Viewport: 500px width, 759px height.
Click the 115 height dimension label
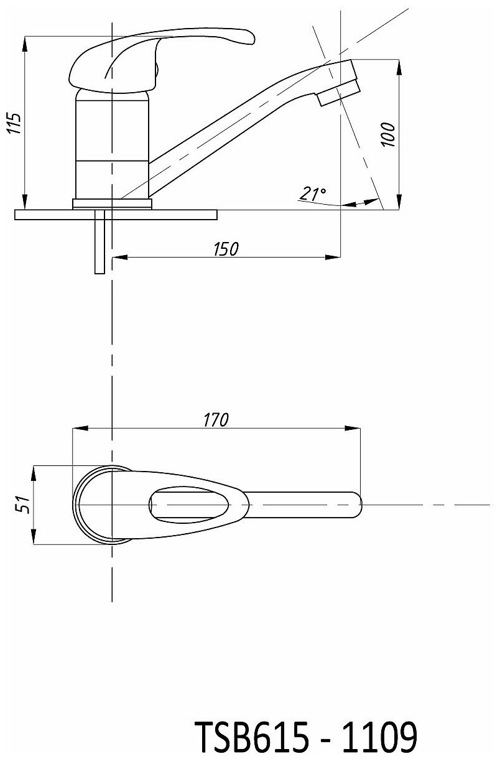(x=14, y=123)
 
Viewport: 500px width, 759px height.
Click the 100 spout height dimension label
(x=388, y=134)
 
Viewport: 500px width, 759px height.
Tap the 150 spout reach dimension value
(x=226, y=249)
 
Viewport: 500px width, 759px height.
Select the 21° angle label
(x=312, y=193)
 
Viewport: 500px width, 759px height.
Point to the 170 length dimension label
(x=216, y=420)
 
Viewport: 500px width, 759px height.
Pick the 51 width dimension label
(x=22, y=505)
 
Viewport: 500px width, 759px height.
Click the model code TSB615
(x=252, y=733)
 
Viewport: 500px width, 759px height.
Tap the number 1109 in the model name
(x=379, y=733)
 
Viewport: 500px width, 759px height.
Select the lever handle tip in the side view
(x=246, y=37)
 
